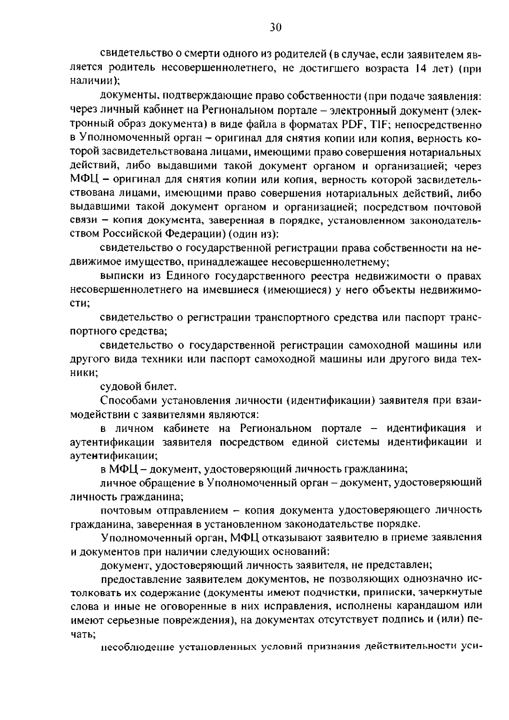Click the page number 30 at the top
tap(275, 28)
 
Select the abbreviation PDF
tap(352, 125)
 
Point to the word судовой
tap(120, 387)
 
